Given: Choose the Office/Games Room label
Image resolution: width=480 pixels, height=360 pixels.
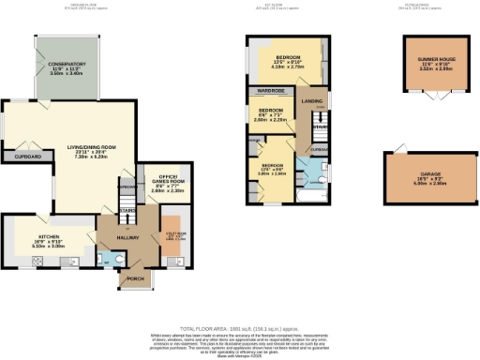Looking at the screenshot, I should coord(152,181).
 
